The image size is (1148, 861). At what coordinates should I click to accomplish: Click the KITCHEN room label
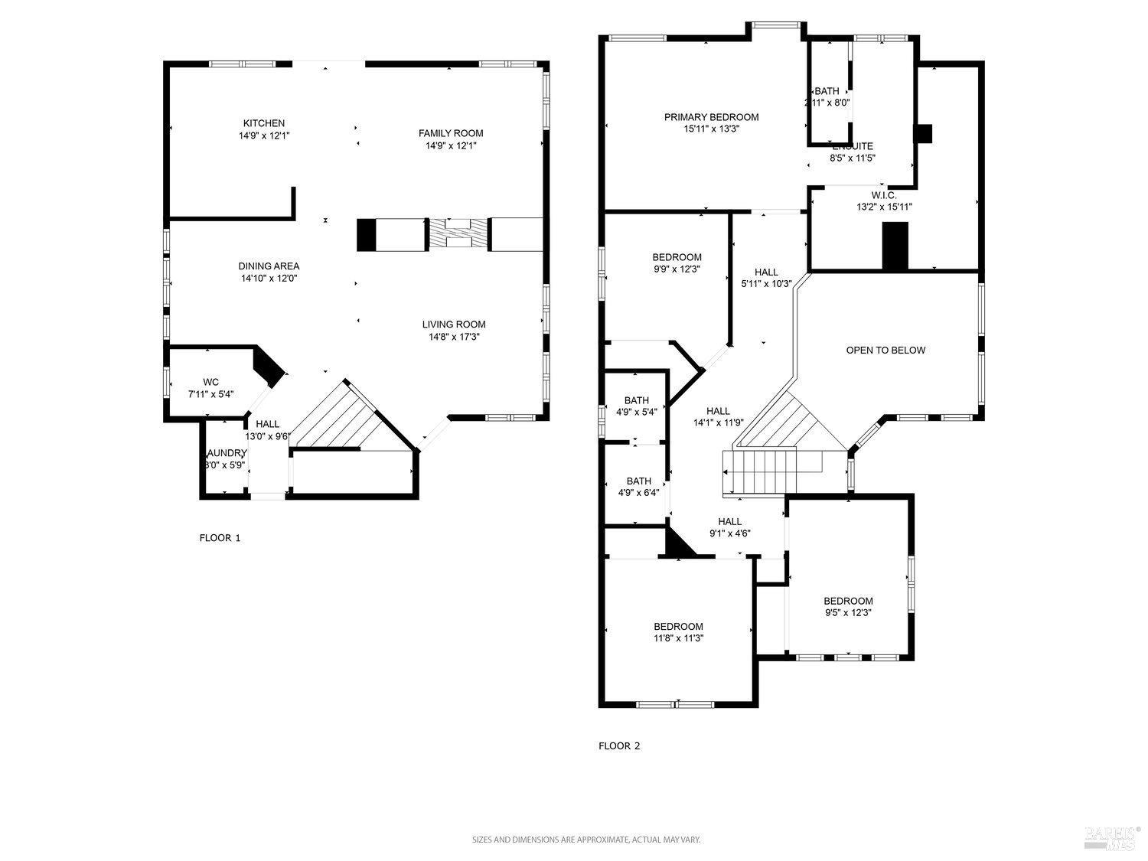264,123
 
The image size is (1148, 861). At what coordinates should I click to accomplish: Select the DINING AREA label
268,266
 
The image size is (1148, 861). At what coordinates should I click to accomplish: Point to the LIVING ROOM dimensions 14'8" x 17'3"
454,337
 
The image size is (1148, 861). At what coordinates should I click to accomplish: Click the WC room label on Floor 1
211,382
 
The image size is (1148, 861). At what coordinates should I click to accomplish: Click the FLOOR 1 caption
220,538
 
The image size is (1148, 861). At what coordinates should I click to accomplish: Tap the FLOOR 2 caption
619,746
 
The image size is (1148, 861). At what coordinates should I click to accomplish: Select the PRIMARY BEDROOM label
711,117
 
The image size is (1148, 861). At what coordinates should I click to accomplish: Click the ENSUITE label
852,146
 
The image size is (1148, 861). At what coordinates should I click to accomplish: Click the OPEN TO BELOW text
885,351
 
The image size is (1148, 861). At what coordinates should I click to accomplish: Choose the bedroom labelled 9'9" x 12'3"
677,263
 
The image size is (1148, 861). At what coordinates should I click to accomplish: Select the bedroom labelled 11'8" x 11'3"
678,632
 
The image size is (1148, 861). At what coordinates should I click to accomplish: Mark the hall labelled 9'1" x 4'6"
729,527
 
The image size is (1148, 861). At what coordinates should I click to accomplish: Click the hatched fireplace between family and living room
458,234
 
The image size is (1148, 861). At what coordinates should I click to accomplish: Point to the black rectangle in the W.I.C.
895,246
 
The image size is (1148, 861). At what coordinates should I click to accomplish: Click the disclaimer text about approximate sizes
585,840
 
